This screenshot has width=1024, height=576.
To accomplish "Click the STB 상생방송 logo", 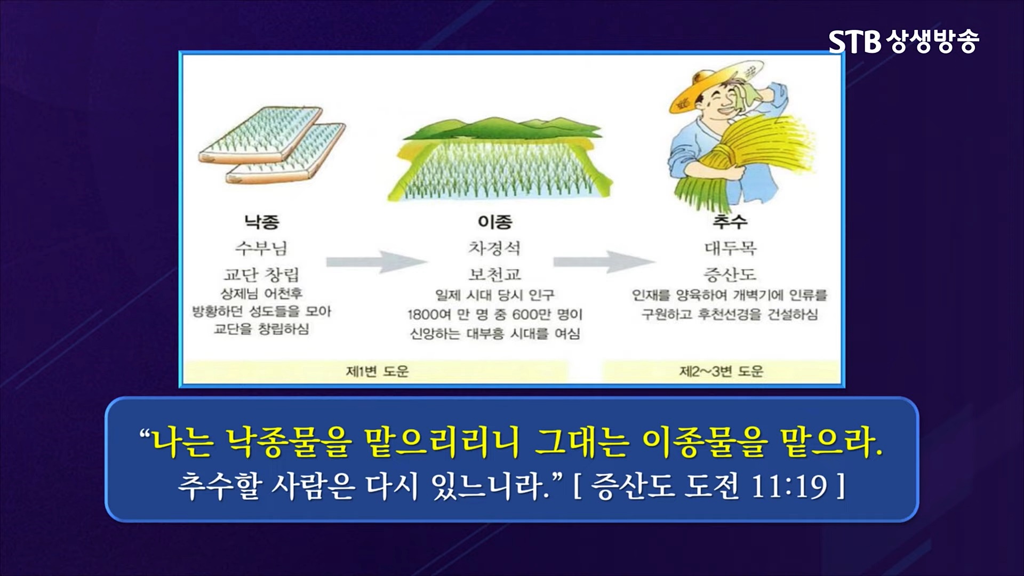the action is pyautogui.click(x=904, y=42).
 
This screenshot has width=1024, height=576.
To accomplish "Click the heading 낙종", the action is pyautogui.click(x=262, y=221).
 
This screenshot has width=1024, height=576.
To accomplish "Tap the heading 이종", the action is pyautogui.click(x=495, y=221).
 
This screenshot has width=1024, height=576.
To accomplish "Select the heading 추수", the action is pyautogui.click(x=730, y=221).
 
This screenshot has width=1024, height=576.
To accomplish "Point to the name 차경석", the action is pyautogui.click(x=494, y=248).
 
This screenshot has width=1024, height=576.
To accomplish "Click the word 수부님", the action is pyautogui.click(x=261, y=248).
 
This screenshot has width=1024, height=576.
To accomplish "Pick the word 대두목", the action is pyautogui.click(x=730, y=248).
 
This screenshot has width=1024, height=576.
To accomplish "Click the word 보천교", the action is pyautogui.click(x=494, y=274).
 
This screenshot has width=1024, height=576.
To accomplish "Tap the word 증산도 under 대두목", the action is pyautogui.click(x=730, y=274).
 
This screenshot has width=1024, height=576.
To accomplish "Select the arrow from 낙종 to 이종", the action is pyautogui.click(x=377, y=261).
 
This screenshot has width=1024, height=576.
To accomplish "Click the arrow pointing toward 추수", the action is pyautogui.click(x=604, y=261).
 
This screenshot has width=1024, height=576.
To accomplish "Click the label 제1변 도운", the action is pyautogui.click(x=377, y=371).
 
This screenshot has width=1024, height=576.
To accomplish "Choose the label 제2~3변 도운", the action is pyautogui.click(x=721, y=371).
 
